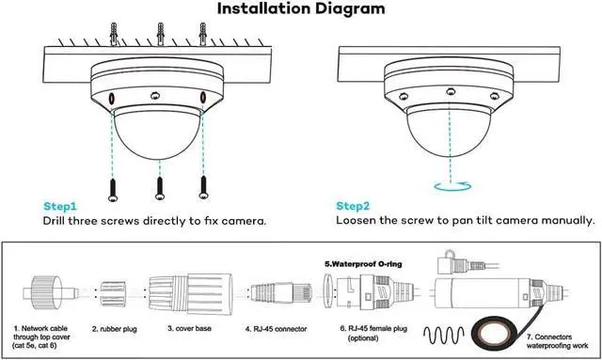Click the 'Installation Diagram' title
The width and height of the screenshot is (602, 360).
pyautogui.click(x=301, y=8)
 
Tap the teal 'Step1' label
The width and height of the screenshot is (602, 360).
pyautogui.click(x=60, y=207)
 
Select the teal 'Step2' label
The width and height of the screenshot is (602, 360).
pyautogui.click(x=353, y=206)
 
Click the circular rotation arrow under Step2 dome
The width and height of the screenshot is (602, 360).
pyautogui.click(x=452, y=186)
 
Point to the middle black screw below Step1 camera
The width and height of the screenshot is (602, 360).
pyautogui.click(x=160, y=188)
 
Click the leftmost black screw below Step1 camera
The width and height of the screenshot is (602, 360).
pyautogui.click(x=113, y=190)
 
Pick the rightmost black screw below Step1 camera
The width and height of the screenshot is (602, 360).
pyautogui.click(x=203, y=187)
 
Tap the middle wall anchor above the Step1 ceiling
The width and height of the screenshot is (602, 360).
pyautogui.click(x=161, y=34)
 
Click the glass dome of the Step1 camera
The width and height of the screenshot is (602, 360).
pyautogui.click(x=157, y=133)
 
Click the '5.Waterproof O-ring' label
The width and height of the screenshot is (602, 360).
pyautogui.click(x=363, y=264)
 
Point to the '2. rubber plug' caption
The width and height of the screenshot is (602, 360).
pyautogui.click(x=115, y=329)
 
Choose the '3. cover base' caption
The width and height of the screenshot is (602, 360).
pyautogui.click(x=189, y=329)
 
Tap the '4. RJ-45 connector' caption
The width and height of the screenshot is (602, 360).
pyautogui.click(x=276, y=329)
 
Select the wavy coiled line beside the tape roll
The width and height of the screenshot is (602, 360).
pyautogui.click(x=444, y=335)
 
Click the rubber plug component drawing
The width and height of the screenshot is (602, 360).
pyautogui.click(x=113, y=294)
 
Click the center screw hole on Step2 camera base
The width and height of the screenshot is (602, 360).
pyautogui.click(x=451, y=92)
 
